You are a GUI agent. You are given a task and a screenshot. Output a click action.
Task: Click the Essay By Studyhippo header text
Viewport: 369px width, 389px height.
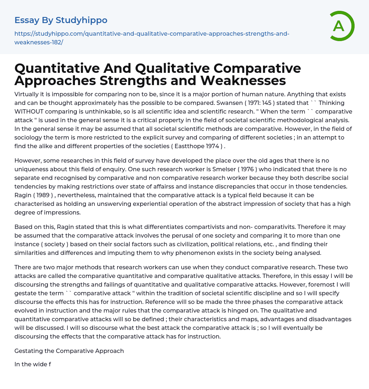pos(61,20)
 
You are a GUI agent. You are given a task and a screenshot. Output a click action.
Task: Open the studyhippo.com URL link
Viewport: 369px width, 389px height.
pos(152,38)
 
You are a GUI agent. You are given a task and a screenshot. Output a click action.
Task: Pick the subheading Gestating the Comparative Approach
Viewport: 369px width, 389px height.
pos(69,351)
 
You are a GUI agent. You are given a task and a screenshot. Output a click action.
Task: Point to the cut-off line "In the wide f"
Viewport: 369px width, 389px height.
pos(32,364)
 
